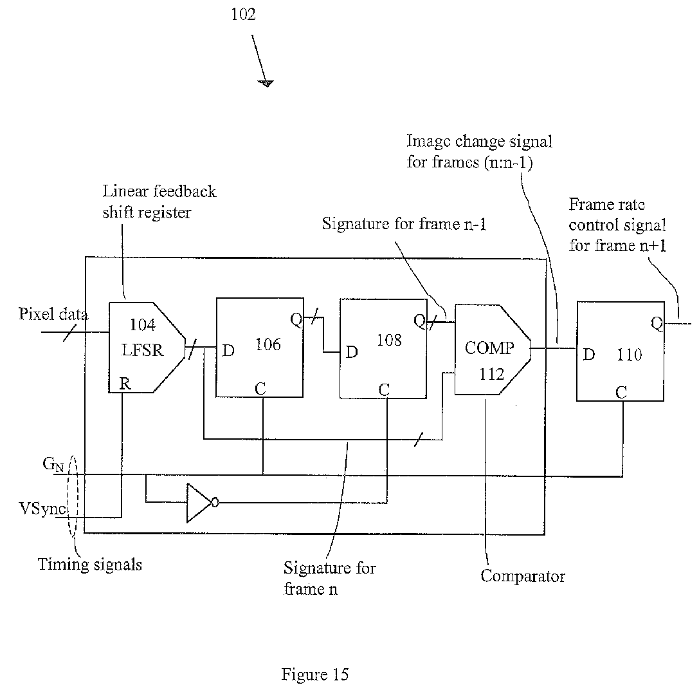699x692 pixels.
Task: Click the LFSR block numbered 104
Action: click(x=145, y=348)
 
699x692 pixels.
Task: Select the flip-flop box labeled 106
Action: click(x=259, y=348)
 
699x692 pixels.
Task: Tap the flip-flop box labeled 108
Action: click(x=383, y=348)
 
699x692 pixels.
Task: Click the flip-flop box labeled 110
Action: click(x=620, y=351)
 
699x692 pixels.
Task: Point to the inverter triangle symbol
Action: click(x=199, y=503)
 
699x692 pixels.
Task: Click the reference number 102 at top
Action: click(x=243, y=14)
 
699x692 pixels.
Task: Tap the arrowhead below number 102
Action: click(x=265, y=83)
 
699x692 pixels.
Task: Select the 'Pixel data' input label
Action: click(x=53, y=315)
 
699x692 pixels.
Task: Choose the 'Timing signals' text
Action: click(x=89, y=565)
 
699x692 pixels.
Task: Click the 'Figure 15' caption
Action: click(x=315, y=674)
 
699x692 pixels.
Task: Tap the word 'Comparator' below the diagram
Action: click(x=522, y=575)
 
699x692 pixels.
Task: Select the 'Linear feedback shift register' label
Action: click(x=159, y=201)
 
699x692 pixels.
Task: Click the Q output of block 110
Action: click(x=657, y=324)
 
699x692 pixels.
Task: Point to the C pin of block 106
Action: click(x=260, y=389)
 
